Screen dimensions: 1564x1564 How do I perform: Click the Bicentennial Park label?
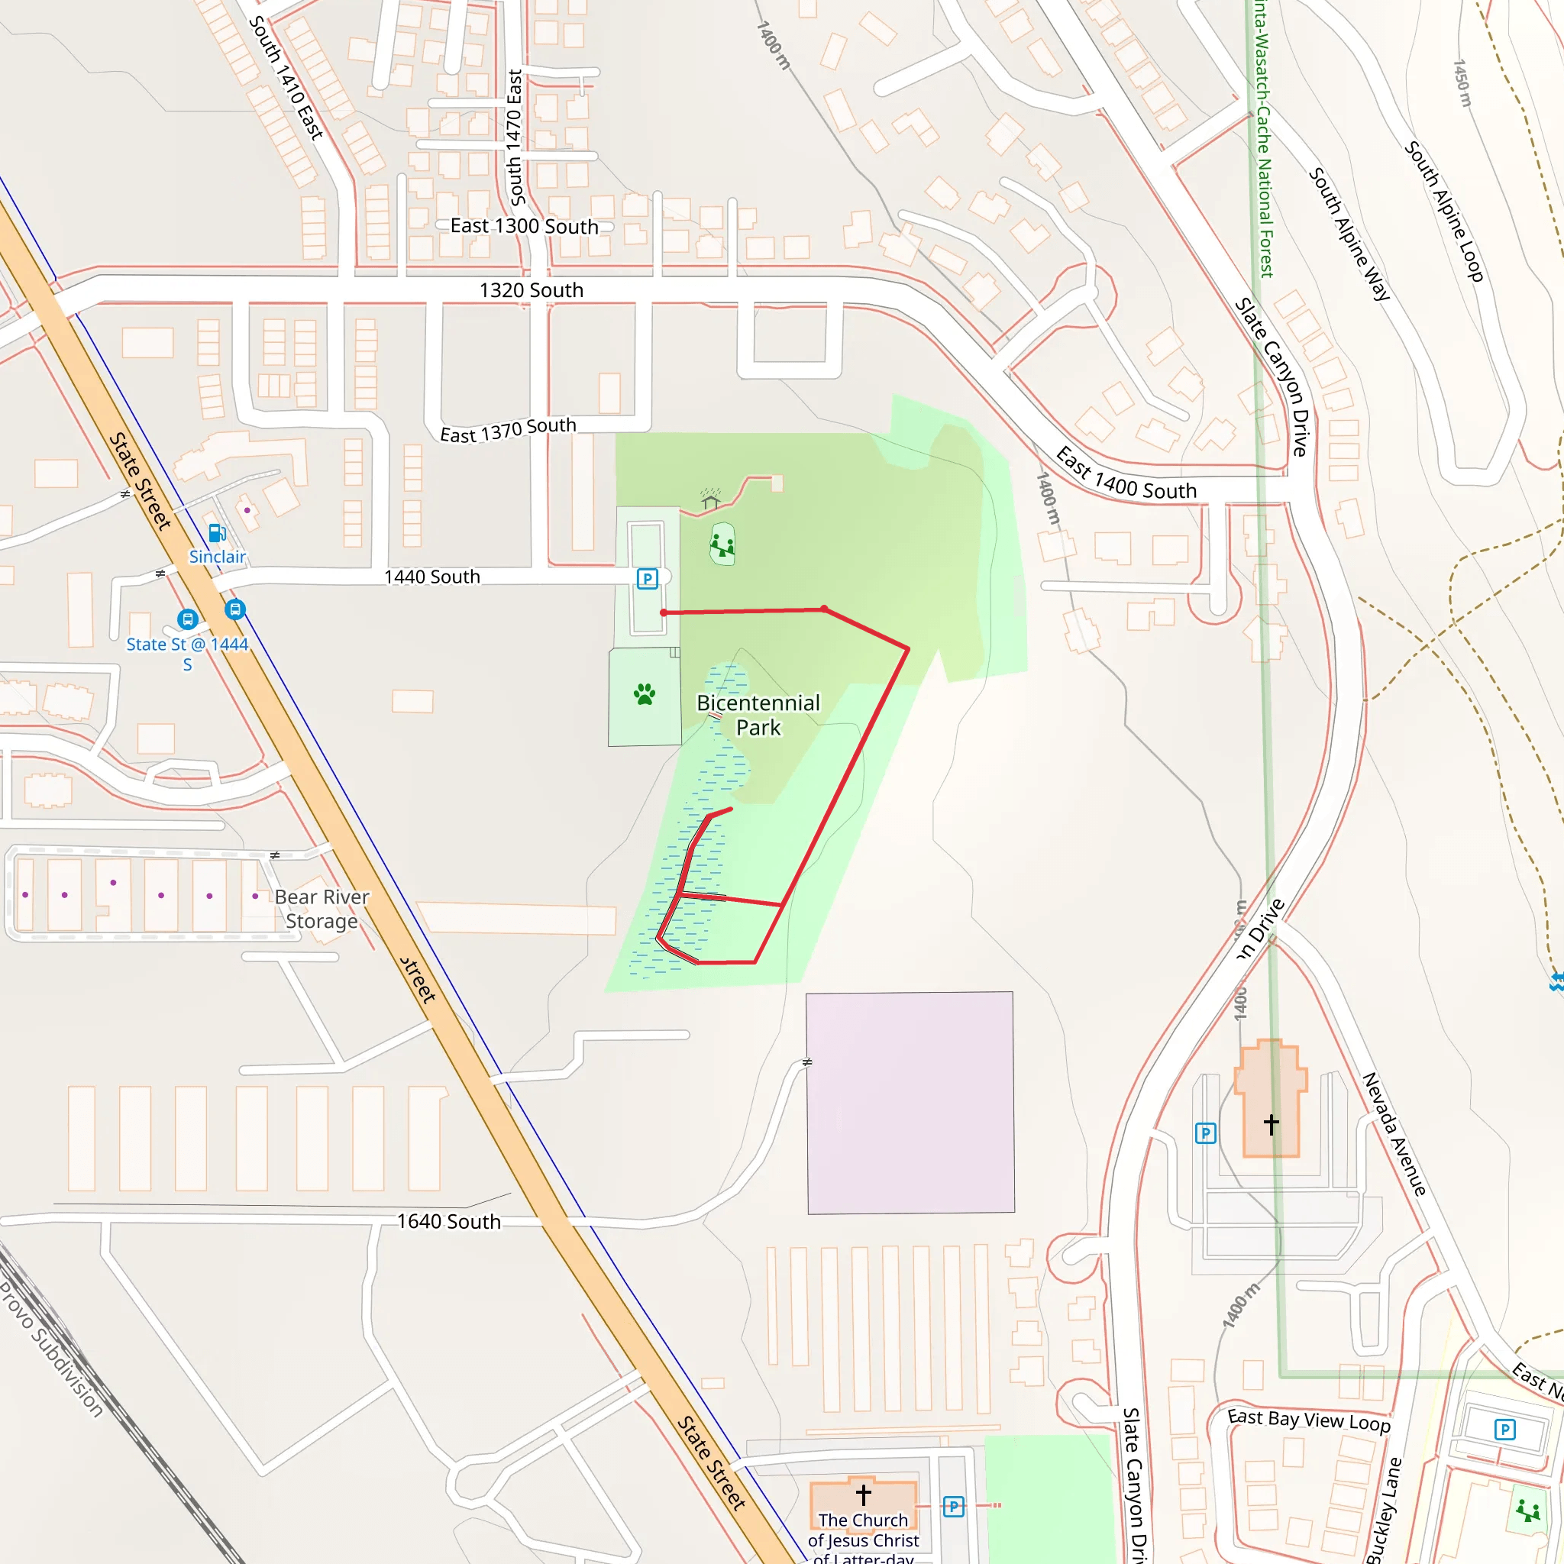(x=758, y=715)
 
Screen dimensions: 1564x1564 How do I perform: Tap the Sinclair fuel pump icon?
(x=217, y=533)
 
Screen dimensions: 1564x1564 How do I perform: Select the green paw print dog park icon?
(x=645, y=693)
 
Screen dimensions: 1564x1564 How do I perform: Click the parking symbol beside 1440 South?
(x=647, y=579)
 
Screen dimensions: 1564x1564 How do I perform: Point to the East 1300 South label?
(x=524, y=226)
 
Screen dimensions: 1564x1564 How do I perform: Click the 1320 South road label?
(x=531, y=289)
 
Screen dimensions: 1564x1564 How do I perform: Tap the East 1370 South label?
(x=508, y=430)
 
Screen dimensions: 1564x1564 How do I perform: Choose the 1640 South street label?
(x=448, y=1222)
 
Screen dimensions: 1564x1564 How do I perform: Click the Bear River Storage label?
(x=322, y=908)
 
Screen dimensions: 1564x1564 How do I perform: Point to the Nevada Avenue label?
(x=1394, y=1133)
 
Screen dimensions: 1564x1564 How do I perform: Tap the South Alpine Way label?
(x=1349, y=234)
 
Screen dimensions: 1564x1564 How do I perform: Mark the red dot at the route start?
(x=664, y=612)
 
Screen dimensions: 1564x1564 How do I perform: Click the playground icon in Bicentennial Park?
(x=722, y=544)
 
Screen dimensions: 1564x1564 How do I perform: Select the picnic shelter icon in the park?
(x=710, y=499)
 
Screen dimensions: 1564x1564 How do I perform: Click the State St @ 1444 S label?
(x=187, y=653)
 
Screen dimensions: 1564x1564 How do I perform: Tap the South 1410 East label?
(x=286, y=78)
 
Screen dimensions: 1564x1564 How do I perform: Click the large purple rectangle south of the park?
(x=910, y=1103)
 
